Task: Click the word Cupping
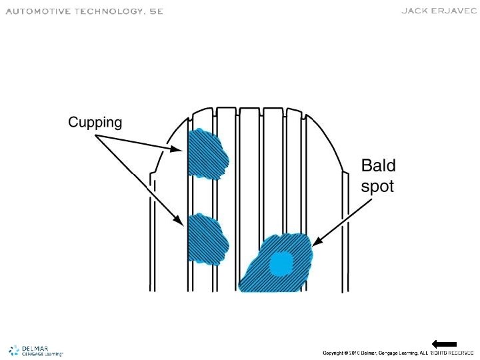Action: click(95, 122)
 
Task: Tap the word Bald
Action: click(378, 165)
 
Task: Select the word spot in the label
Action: click(377, 186)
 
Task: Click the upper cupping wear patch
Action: click(207, 154)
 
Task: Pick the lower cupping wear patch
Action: click(207, 239)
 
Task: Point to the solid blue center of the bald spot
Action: click(281, 264)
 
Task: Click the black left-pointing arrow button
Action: click(444, 343)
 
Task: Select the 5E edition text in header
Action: click(153, 11)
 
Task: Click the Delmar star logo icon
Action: click(14, 350)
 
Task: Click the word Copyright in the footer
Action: click(335, 352)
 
